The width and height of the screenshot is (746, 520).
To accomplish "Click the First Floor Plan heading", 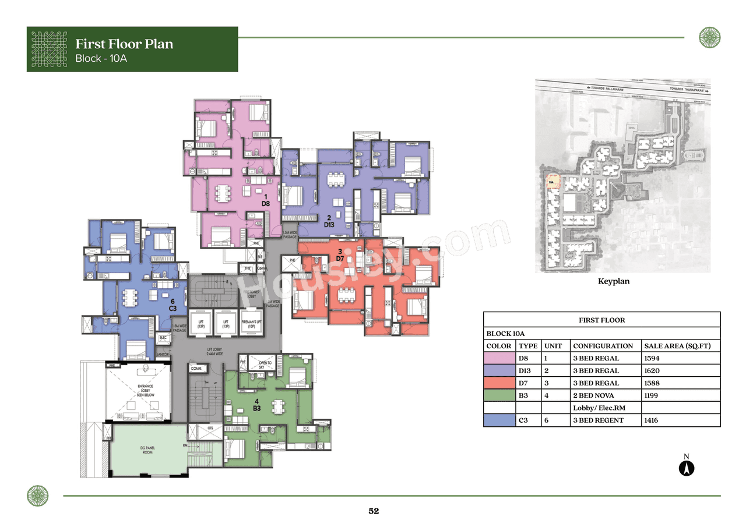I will [x=124, y=44].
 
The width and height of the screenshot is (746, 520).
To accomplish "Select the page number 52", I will [x=374, y=511].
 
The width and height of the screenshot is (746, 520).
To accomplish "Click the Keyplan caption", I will [x=614, y=281].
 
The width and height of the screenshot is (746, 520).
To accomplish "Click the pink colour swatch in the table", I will [x=499, y=358].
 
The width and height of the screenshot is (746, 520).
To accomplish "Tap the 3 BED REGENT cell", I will [x=599, y=420].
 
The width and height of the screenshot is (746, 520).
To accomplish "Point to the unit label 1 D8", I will [x=265, y=200].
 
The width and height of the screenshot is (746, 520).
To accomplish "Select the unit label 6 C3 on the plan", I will [x=173, y=305].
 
